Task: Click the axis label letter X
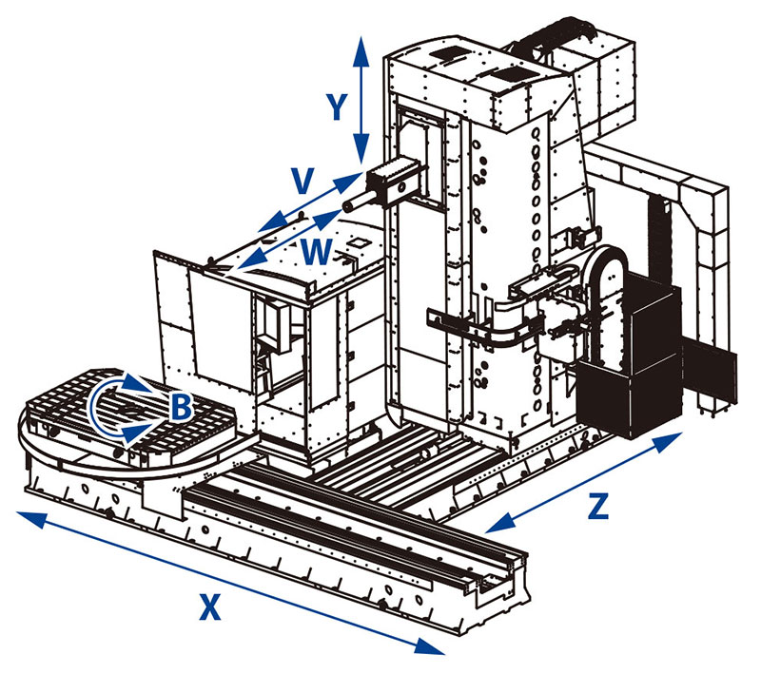coord(210,606)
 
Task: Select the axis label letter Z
coord(597,506)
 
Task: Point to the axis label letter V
coord(302,180)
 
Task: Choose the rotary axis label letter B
coord(181,408)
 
